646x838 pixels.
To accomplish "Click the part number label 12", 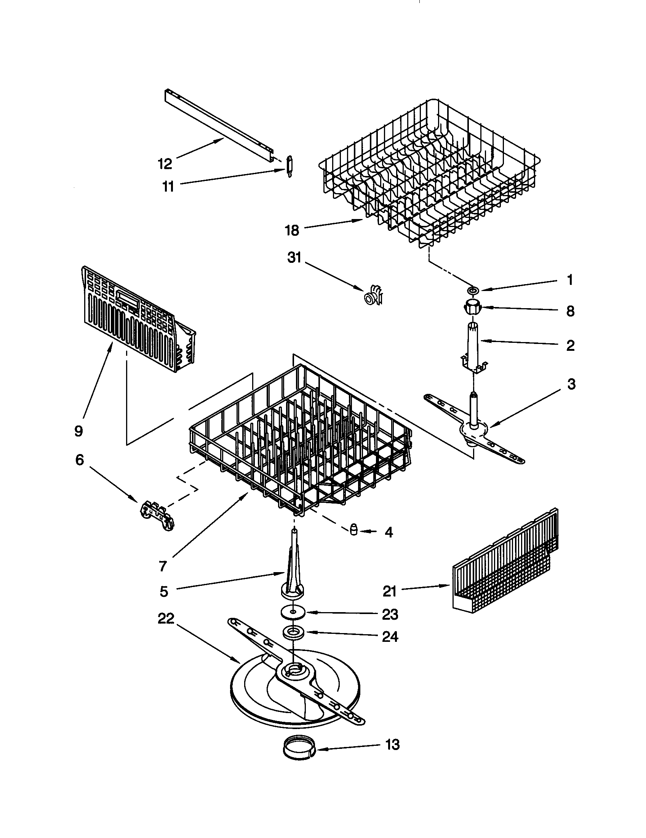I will pos(165,164).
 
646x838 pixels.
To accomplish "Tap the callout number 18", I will pos(292,230).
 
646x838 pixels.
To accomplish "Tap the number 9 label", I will pos(78,431).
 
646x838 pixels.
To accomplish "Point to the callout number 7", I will pos(163,566).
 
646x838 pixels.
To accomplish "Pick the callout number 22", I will pos(166,618).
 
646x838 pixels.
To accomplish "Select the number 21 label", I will pos(389,591).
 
